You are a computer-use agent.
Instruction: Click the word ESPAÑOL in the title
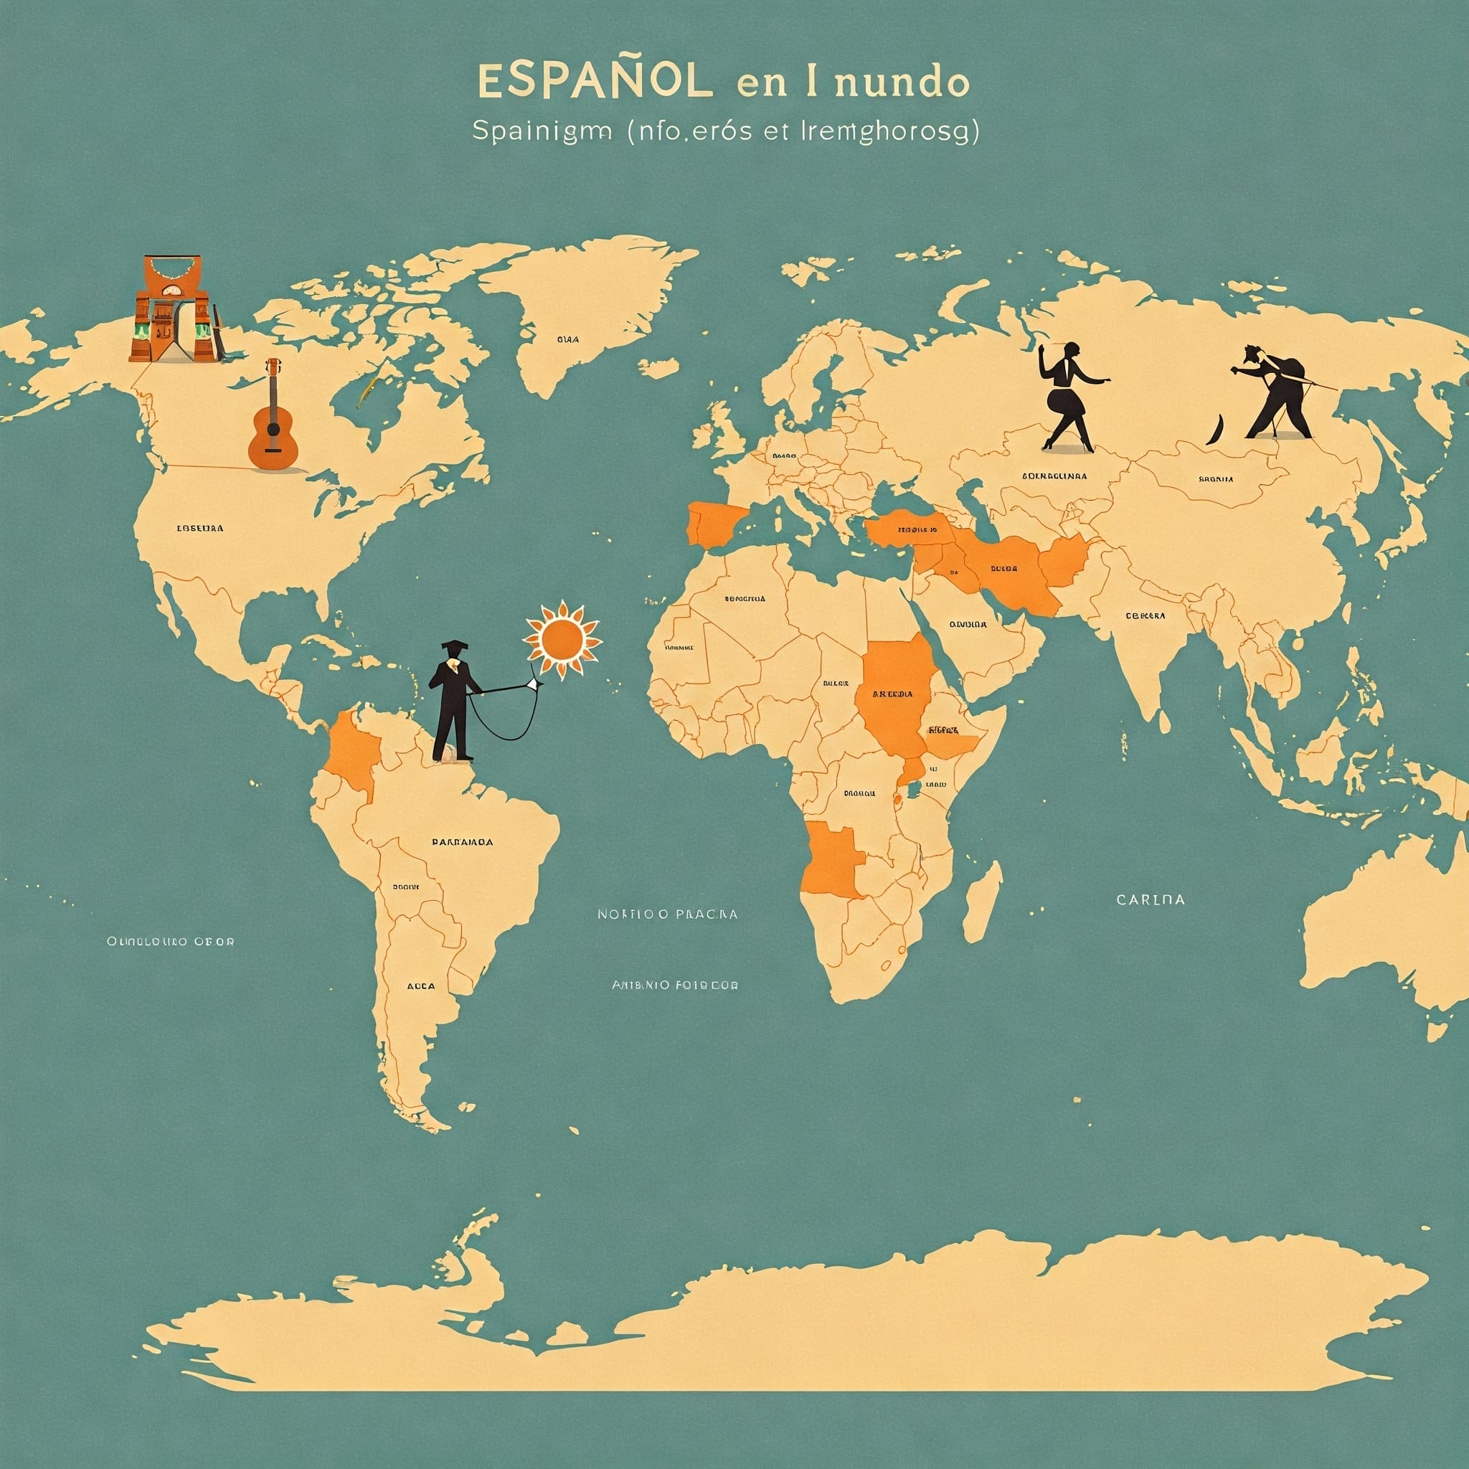[596, 82]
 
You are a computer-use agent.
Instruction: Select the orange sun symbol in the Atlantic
[562, 638]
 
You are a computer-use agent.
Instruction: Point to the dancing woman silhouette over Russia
[1069, 395]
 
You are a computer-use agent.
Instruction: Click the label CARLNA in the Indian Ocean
[1150, 899]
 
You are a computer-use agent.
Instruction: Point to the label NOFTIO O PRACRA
[667, 914]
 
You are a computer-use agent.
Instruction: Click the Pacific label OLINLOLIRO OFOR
[170, 941]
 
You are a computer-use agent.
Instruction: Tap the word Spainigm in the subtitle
[542, 131]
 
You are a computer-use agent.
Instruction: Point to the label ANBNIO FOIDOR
[674, 986]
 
